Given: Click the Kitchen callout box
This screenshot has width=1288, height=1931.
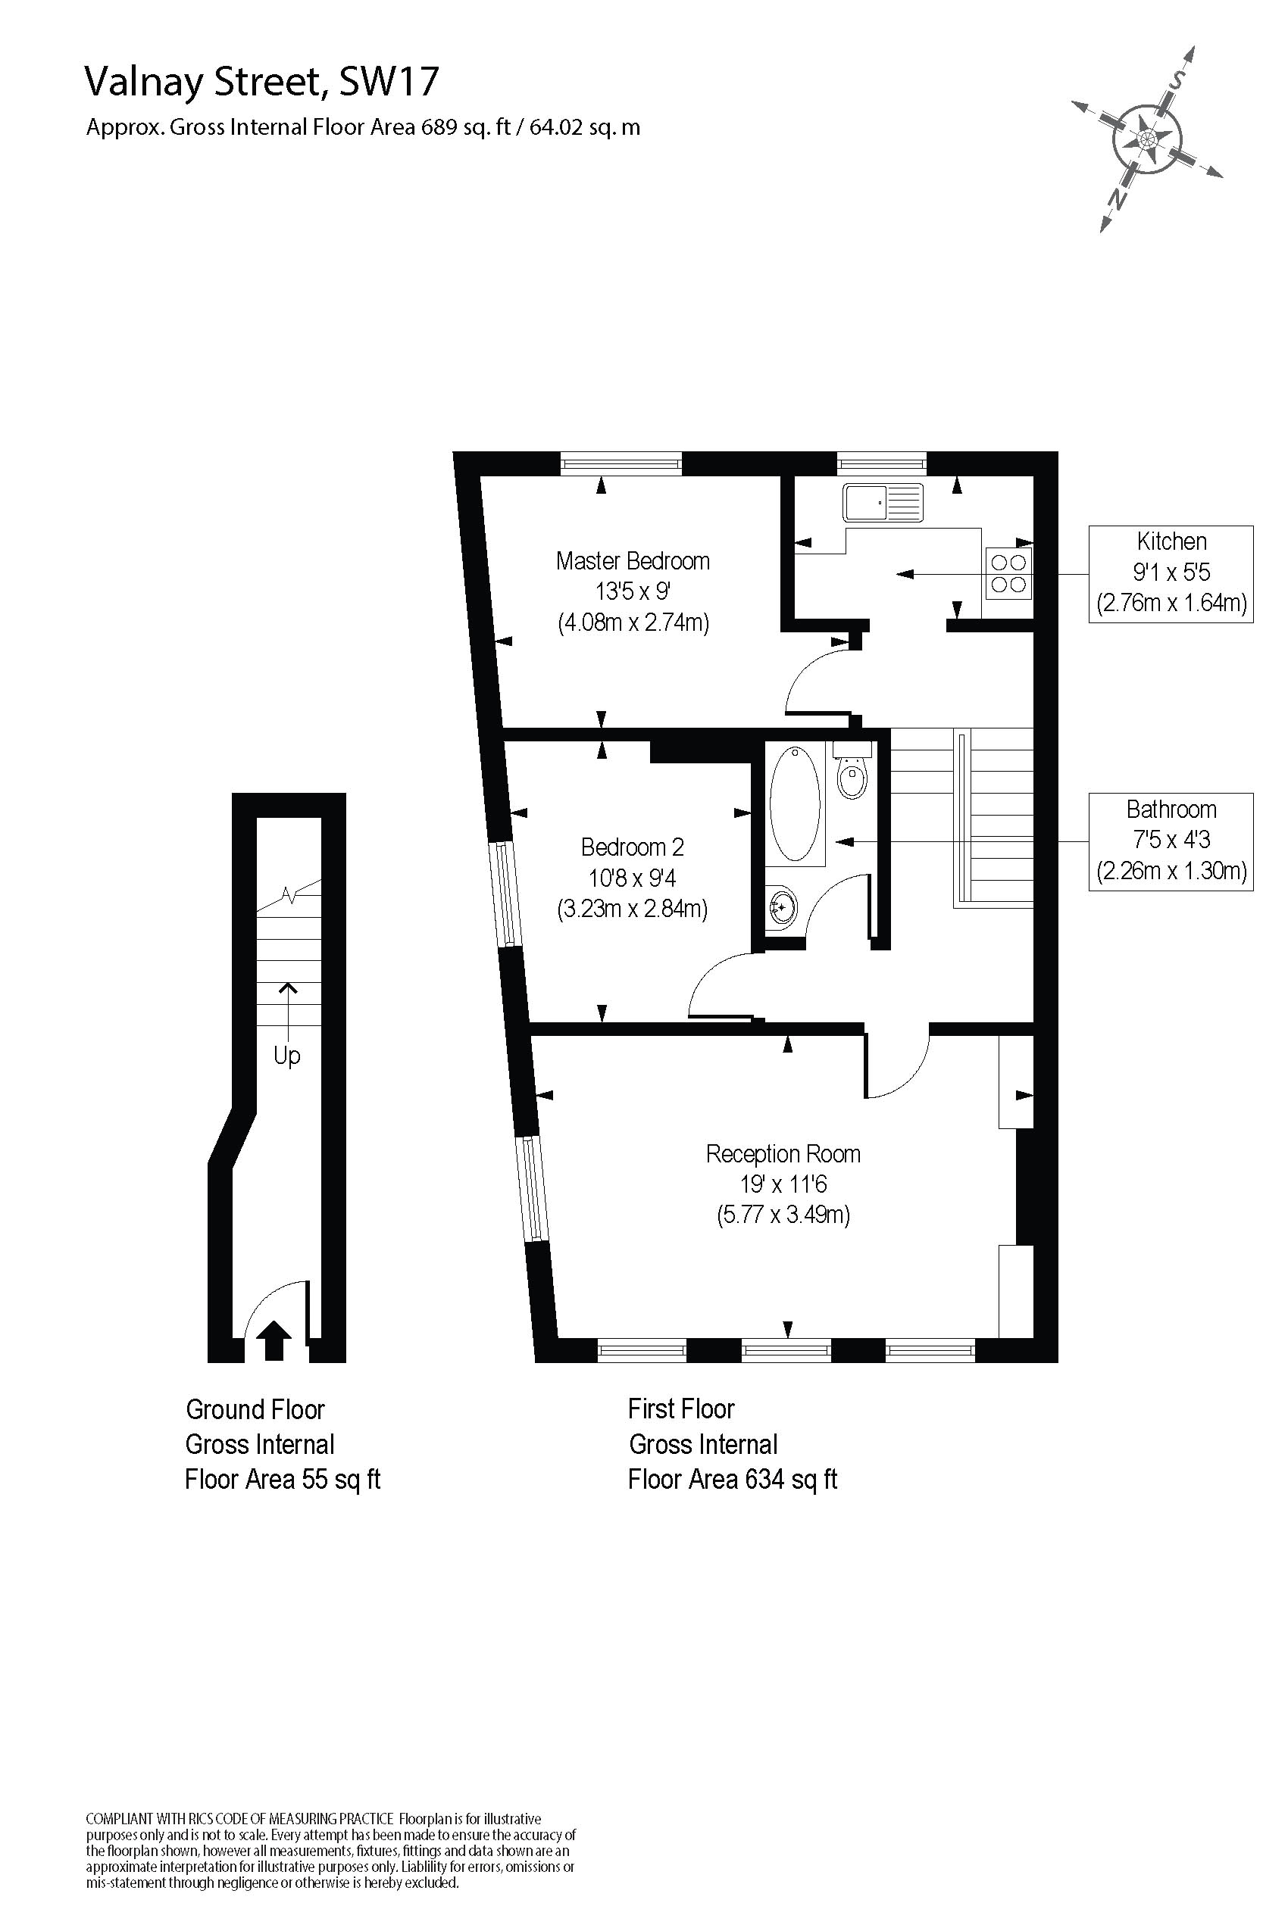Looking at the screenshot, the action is (x=1171, y=574).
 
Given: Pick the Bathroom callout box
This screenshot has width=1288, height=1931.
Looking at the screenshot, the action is (x=1171, y=841).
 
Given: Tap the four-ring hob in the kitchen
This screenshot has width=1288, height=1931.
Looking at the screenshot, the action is (x=1008, y=573).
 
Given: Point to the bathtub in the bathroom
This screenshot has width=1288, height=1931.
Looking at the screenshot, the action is (x=794, y=803).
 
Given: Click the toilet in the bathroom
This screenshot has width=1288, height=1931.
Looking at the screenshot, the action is (x=852, y=769).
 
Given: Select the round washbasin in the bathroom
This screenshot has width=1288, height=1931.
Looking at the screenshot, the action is (x=783, y=907).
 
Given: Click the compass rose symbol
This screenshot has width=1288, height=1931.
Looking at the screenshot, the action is (x=1147, y=139).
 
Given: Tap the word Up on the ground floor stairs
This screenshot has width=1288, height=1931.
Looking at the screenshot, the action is (x=286, y=1056).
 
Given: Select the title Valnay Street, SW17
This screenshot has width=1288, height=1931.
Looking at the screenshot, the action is (x=262, y=81).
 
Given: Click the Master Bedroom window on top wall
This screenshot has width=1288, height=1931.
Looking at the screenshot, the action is (x=622, y=464).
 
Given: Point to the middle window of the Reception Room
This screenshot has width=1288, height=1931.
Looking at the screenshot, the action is (x=787, y=1349).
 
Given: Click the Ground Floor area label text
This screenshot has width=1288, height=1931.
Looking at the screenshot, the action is (x=283, y=1445).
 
